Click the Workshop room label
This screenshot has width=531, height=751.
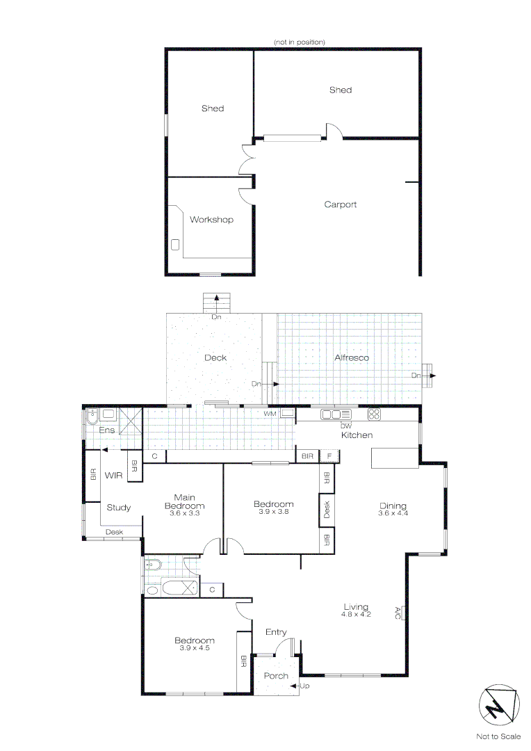point(211,220)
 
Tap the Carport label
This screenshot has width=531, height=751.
point(341,204)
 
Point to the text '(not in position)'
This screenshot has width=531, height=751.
point(299,42)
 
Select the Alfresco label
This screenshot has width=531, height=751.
point(352,357)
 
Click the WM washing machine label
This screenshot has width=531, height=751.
point(270,414)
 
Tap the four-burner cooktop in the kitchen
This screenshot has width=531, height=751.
point(374,414)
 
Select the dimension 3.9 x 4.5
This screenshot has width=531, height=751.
point(195,648)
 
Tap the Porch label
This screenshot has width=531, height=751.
point(276,676)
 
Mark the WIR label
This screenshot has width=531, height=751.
point(113,476)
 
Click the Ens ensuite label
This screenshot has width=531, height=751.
point(106,430)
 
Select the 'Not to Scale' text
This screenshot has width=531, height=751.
point(498,736)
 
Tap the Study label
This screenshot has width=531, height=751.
point(118,508)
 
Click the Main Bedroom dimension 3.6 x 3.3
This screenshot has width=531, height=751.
point(184,513)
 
